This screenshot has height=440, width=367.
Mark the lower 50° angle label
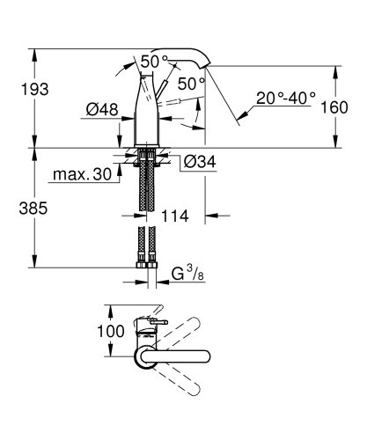click(192, 84)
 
